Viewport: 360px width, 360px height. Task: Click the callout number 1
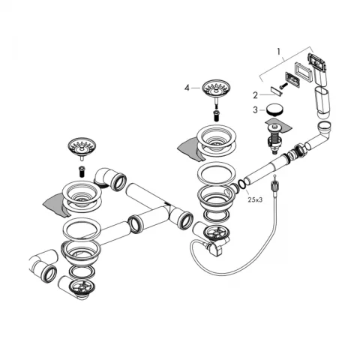click(x=280, y=53)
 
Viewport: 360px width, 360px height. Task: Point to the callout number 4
click(x=187, y=88)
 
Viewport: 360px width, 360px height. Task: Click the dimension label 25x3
click(x=254, y=200)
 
